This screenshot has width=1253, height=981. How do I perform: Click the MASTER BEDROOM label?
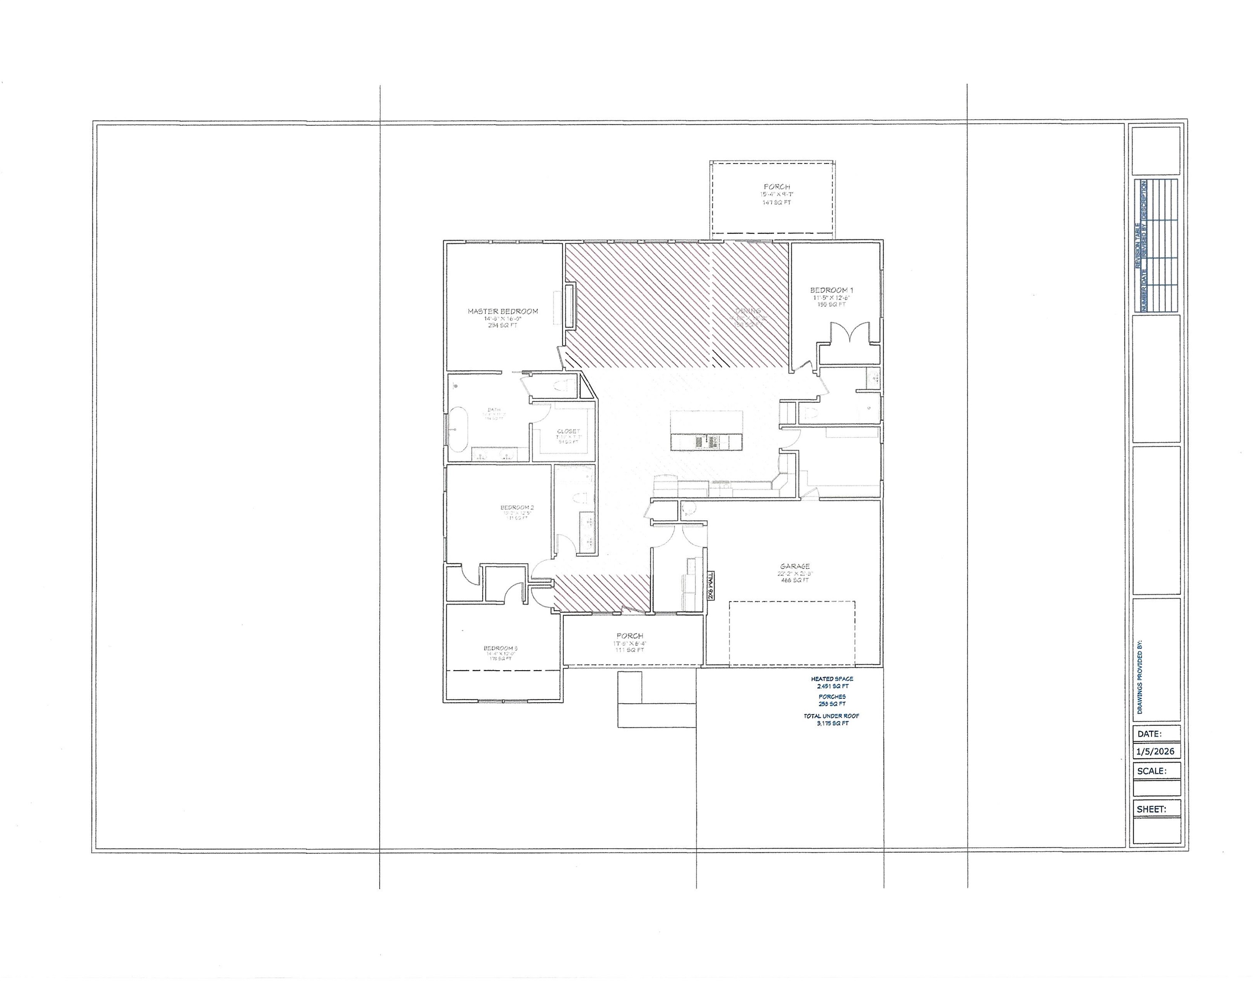pos(502,311)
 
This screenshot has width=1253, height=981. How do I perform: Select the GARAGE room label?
pos(795,566)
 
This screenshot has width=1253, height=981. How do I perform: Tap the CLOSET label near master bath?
pos(568,431)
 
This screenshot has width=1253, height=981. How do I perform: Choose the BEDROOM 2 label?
pos(517,507)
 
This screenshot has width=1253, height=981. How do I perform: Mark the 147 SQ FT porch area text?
pos(777,203)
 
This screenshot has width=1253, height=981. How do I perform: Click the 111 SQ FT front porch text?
pos(629,650)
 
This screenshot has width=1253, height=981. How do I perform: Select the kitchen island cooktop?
pos(707,442)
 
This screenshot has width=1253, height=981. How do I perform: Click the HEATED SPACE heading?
pos(832,679)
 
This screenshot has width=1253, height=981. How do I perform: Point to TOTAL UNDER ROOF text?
pos(831,716)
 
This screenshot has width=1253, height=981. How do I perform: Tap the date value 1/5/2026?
pos(1155,751)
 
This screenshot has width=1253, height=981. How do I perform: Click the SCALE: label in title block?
pos(1152,771)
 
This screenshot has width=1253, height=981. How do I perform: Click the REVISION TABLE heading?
pos(1138,245)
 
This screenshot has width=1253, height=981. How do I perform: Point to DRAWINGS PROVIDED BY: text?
pos(1139,677)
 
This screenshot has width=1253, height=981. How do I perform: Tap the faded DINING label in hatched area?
pos(748,311)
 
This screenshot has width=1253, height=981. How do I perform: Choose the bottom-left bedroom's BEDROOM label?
pos(501,648)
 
